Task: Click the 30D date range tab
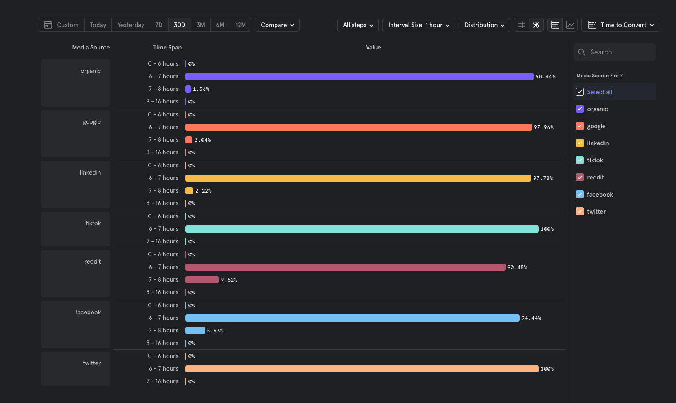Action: tap(179, 25)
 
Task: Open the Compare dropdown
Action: tap(277, 25)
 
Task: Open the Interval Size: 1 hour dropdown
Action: tap(418, 25)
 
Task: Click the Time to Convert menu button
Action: tap(620, 25)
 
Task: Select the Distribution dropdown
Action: tap(484, 25)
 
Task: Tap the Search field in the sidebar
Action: tap(614, 52)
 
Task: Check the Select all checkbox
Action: tap(580, 92)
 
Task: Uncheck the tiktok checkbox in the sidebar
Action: tap(580, 160)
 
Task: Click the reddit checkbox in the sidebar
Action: tap(580, 177)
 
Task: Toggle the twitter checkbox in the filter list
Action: tap(580, 211)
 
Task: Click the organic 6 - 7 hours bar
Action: tap(359, 76)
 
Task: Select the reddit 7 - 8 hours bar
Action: tap(202, 280)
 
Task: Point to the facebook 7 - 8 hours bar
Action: tap(195, 331)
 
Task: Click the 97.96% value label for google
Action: tap(543, 127)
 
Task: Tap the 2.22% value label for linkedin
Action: tap(204, 191)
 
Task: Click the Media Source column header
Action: tap(91, 47)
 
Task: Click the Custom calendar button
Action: tap(61, 25)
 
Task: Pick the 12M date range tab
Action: tap(240, 25)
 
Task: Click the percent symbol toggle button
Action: tap(536, 25)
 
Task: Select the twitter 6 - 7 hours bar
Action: tap(362, 369)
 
